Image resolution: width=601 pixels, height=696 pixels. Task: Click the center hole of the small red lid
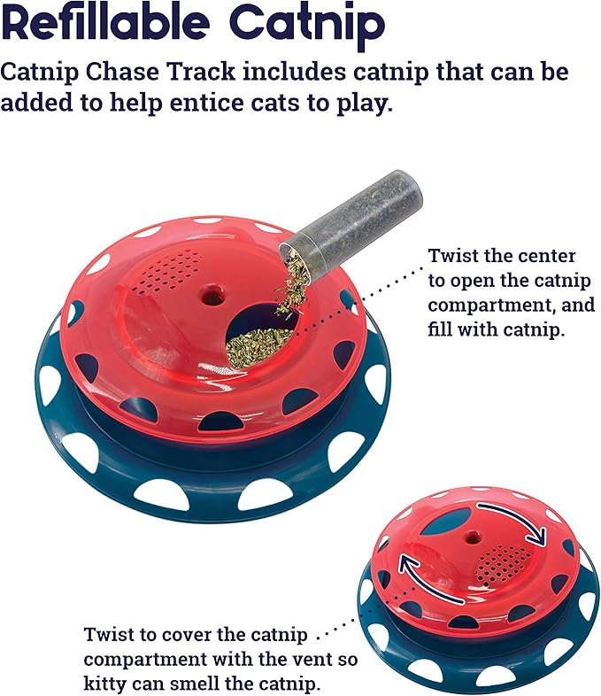click(470, 537)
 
